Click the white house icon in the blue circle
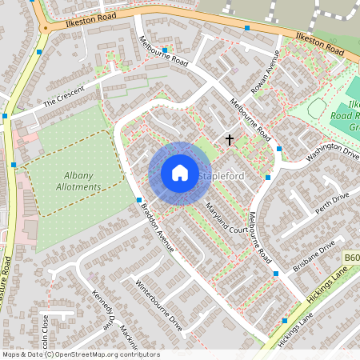(x=180, y=173)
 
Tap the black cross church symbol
(x=230, y=140)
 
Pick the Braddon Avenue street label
(x=158, y=229)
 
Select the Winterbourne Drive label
(x=159, y=304)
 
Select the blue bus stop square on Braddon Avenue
(x=139, y=200)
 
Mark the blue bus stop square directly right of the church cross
(x=279, y=148)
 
